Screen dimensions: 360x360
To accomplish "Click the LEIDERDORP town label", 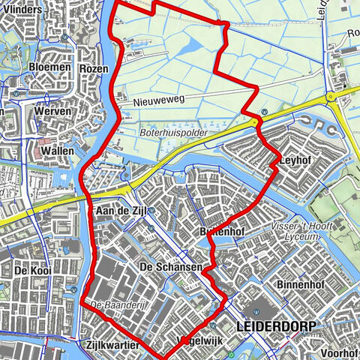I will tap(276, 326).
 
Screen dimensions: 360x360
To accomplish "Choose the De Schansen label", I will tap(171, 268).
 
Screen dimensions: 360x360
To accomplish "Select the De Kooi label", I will tap(31, 270).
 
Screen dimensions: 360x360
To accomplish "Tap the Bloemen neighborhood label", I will tap(50, 67).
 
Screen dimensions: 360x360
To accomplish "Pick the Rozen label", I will tap(94, 68).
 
